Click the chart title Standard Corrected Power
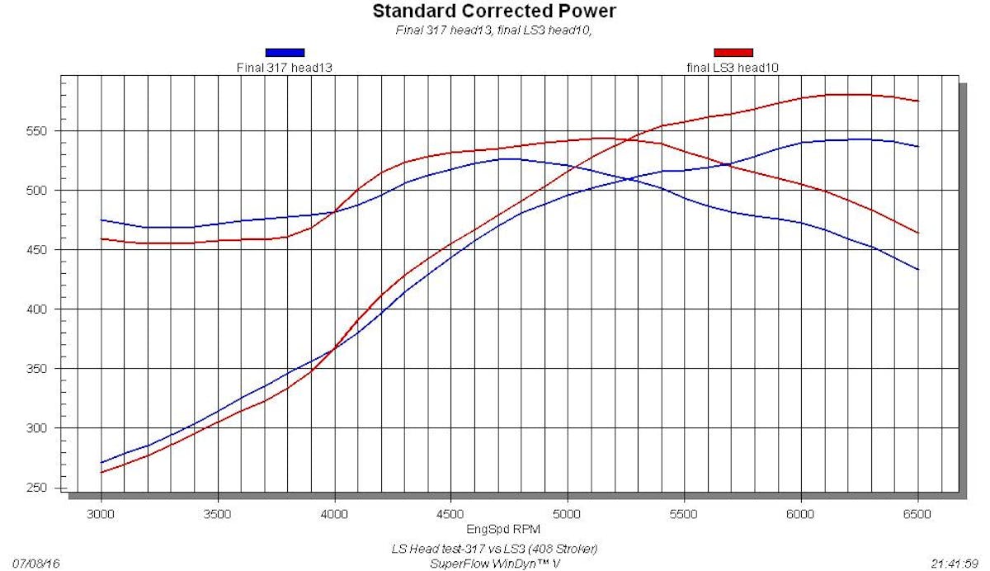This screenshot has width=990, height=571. coord(494,12)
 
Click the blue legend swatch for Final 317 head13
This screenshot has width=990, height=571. coord(285,52)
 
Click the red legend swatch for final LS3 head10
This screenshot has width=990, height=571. coord(733,52)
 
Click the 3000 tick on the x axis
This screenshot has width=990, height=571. coord(101,513)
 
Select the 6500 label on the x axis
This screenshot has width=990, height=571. coord(917,513)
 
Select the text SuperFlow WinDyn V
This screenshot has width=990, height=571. coord(495,564)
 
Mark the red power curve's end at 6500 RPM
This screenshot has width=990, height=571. coord(917,101)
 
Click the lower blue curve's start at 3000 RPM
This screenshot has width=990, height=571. coord(101,463)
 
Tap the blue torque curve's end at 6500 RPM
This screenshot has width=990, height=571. coord(917,269)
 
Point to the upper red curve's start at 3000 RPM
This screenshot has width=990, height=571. coord(101,238)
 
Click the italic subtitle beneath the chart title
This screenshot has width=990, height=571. coord(494,31)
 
